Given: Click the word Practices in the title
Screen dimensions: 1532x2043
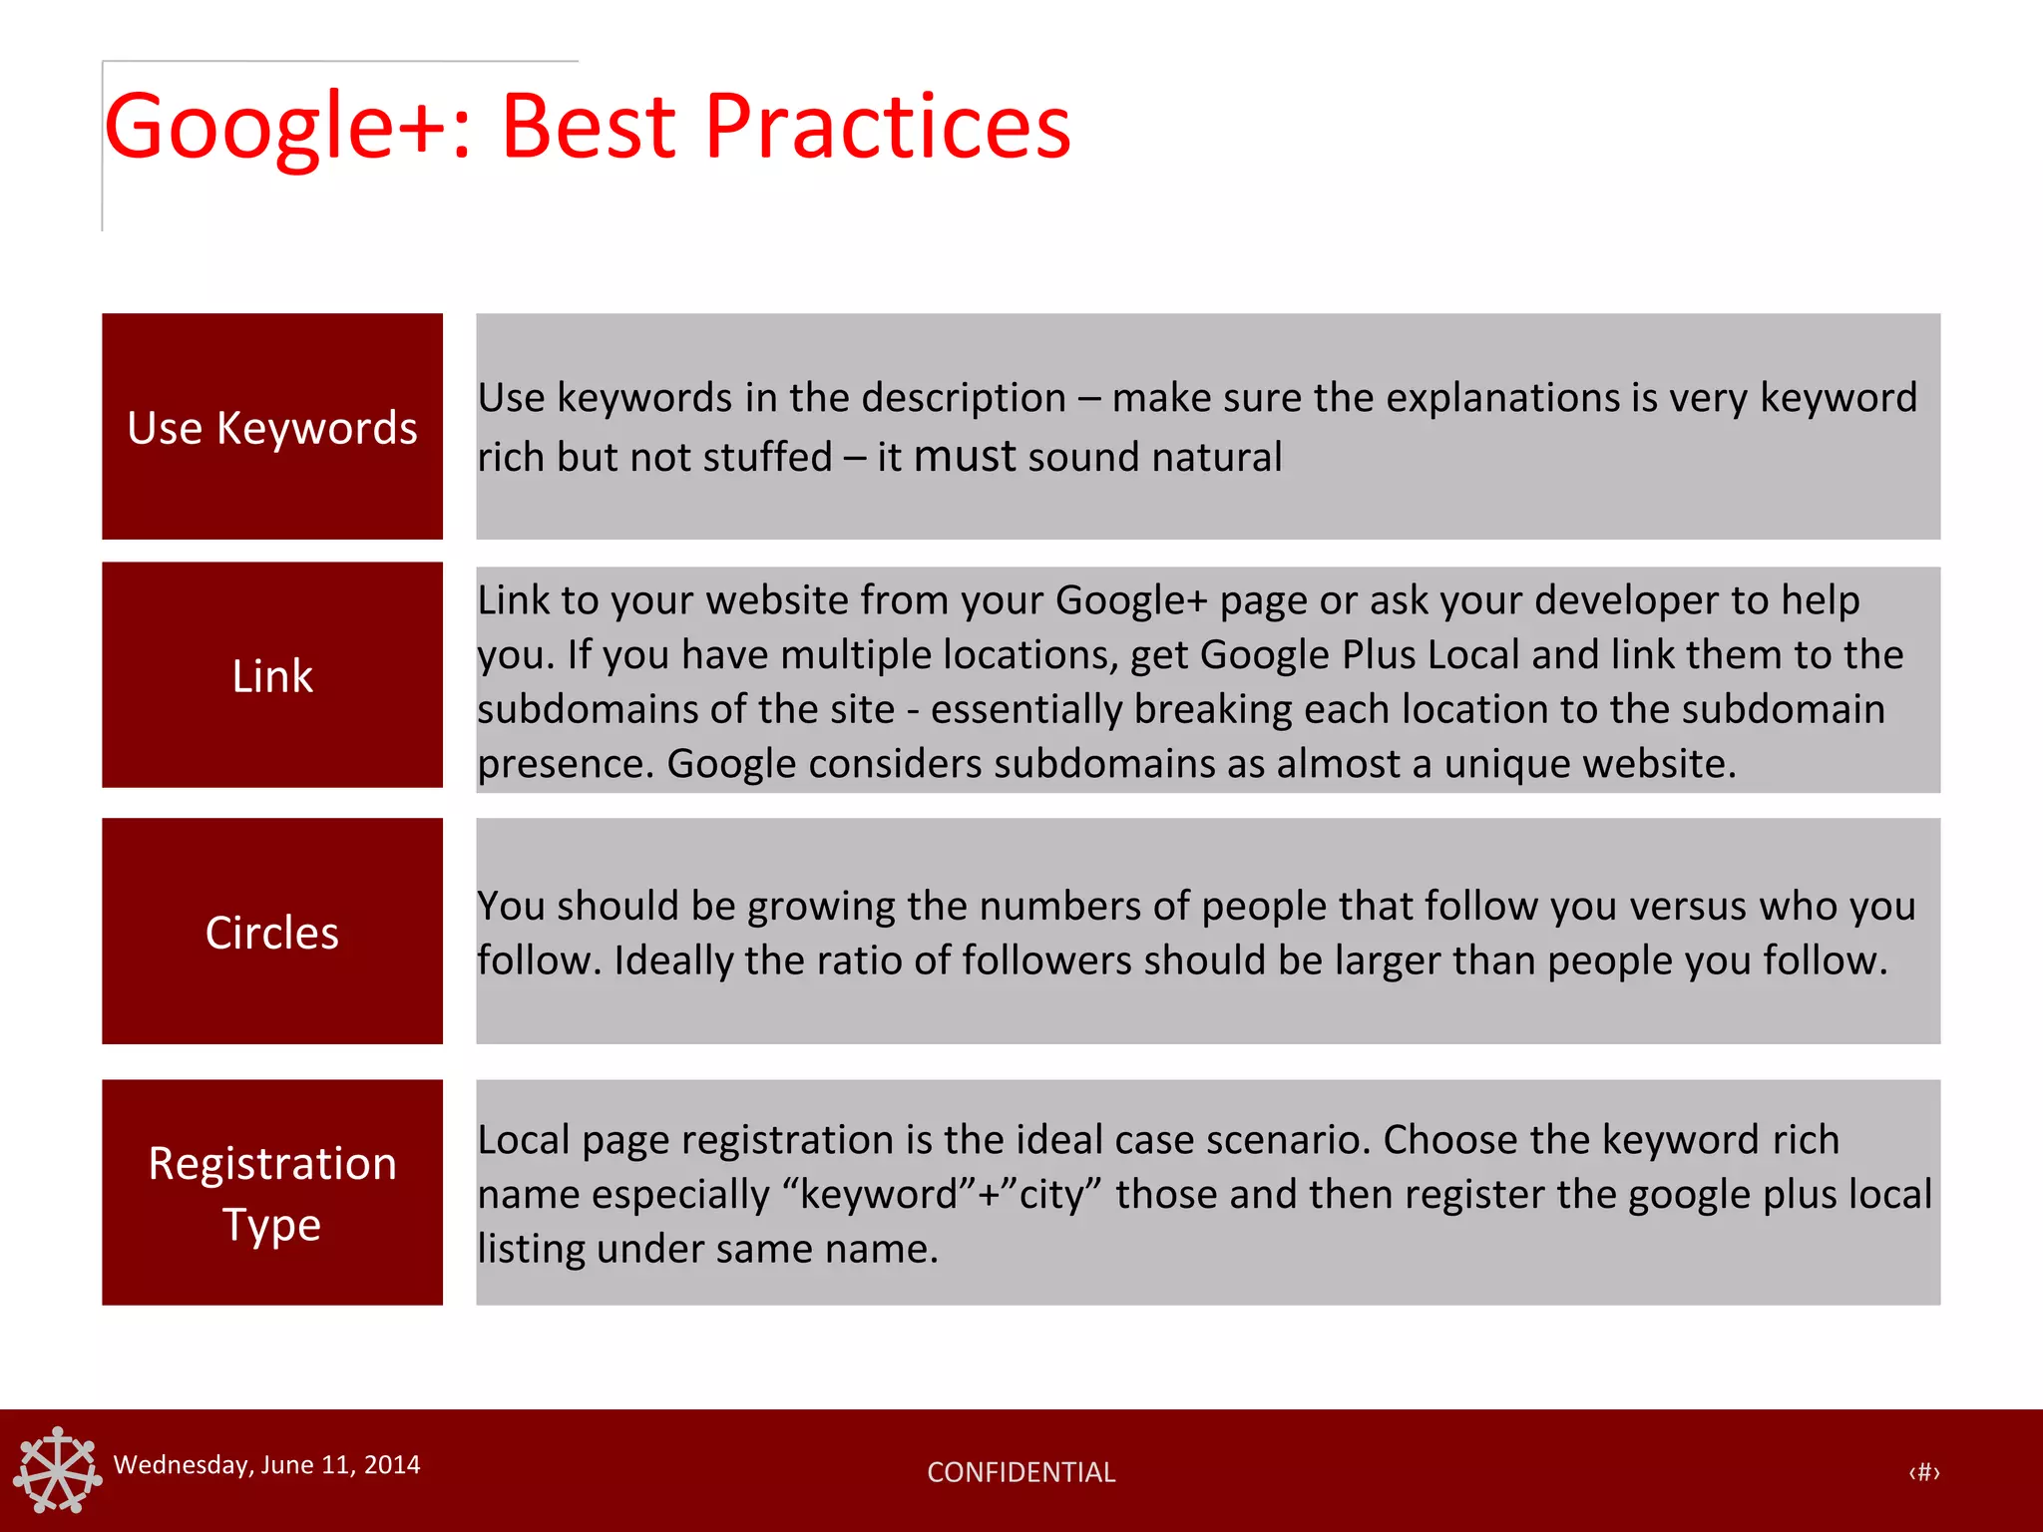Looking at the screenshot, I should pyautogui.click(x=887, y=126).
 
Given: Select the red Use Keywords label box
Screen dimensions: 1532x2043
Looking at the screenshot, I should pyautogui.click(x=271, y=427).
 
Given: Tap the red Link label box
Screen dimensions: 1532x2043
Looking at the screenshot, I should pyautogui.click(x=271, y=675).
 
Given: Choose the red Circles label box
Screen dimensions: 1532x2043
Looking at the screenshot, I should pyautogui.click(x=271, y=932).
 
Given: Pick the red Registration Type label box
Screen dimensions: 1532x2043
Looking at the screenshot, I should pyautogui.click(x=271, y=1193).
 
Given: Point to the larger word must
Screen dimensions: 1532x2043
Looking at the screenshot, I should pyautogui.click(x=964, y=456).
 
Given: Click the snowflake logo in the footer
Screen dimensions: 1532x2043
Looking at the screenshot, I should pyautogui.click(x=57, y=1469).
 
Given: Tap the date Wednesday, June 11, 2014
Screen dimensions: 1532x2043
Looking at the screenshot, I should pyautogui.click(x=266, y=1464).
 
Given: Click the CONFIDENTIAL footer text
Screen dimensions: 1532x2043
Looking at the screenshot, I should pyautogui.click(x=1021, y=1472).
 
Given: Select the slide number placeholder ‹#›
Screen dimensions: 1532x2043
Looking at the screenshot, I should pyautogui.click(x=1923, y=1472).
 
